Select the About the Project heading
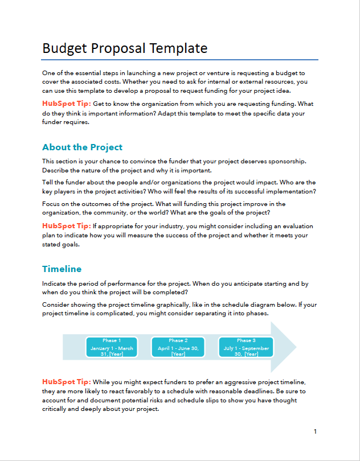82,147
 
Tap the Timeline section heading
62,269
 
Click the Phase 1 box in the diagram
112,347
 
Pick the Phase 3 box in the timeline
246,347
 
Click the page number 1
315,431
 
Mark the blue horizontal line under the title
180,59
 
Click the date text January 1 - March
112,348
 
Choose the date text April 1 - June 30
178,348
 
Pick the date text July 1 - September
246,348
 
